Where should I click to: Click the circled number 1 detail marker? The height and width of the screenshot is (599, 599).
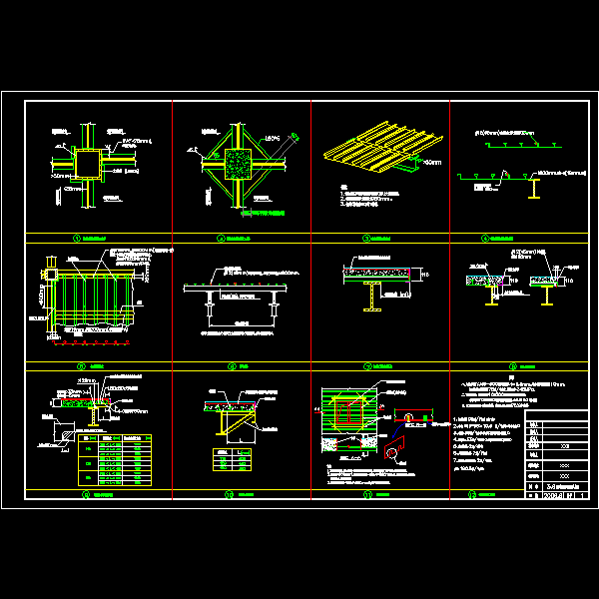[x=77, y=240]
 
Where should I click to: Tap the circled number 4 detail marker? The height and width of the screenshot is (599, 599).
[x=485, y=240]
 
